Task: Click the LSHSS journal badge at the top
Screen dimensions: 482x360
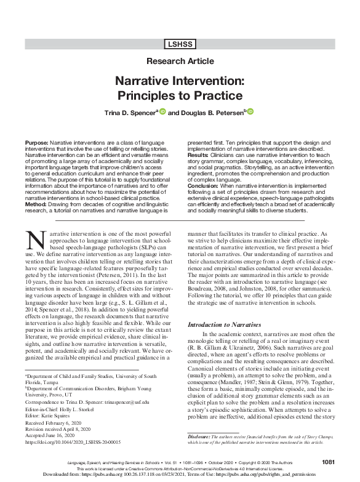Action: (x=180, y=44)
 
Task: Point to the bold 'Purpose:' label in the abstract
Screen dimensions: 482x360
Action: (x=36, y=142)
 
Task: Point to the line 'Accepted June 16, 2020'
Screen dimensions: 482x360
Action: (x=54, y=435)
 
